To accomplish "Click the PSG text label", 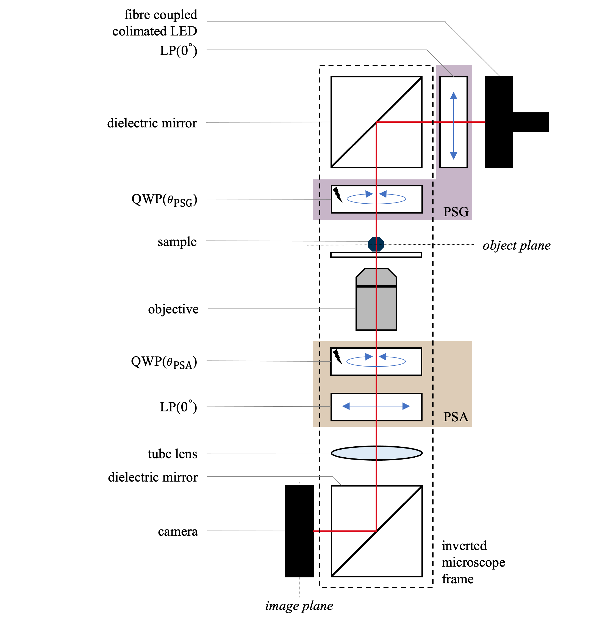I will pos(456,212).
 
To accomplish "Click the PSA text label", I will pos(456,417).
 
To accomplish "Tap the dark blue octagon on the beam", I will pos(376,244).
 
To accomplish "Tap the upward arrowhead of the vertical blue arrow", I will pos(453,96).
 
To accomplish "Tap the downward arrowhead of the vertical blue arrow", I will pos(453,156).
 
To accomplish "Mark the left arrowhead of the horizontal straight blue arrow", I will pos(346,406).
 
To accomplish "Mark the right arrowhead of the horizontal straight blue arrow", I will pos(406,406).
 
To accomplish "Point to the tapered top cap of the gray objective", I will pos(376,277).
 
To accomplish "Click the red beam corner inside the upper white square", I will pos(376,122).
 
